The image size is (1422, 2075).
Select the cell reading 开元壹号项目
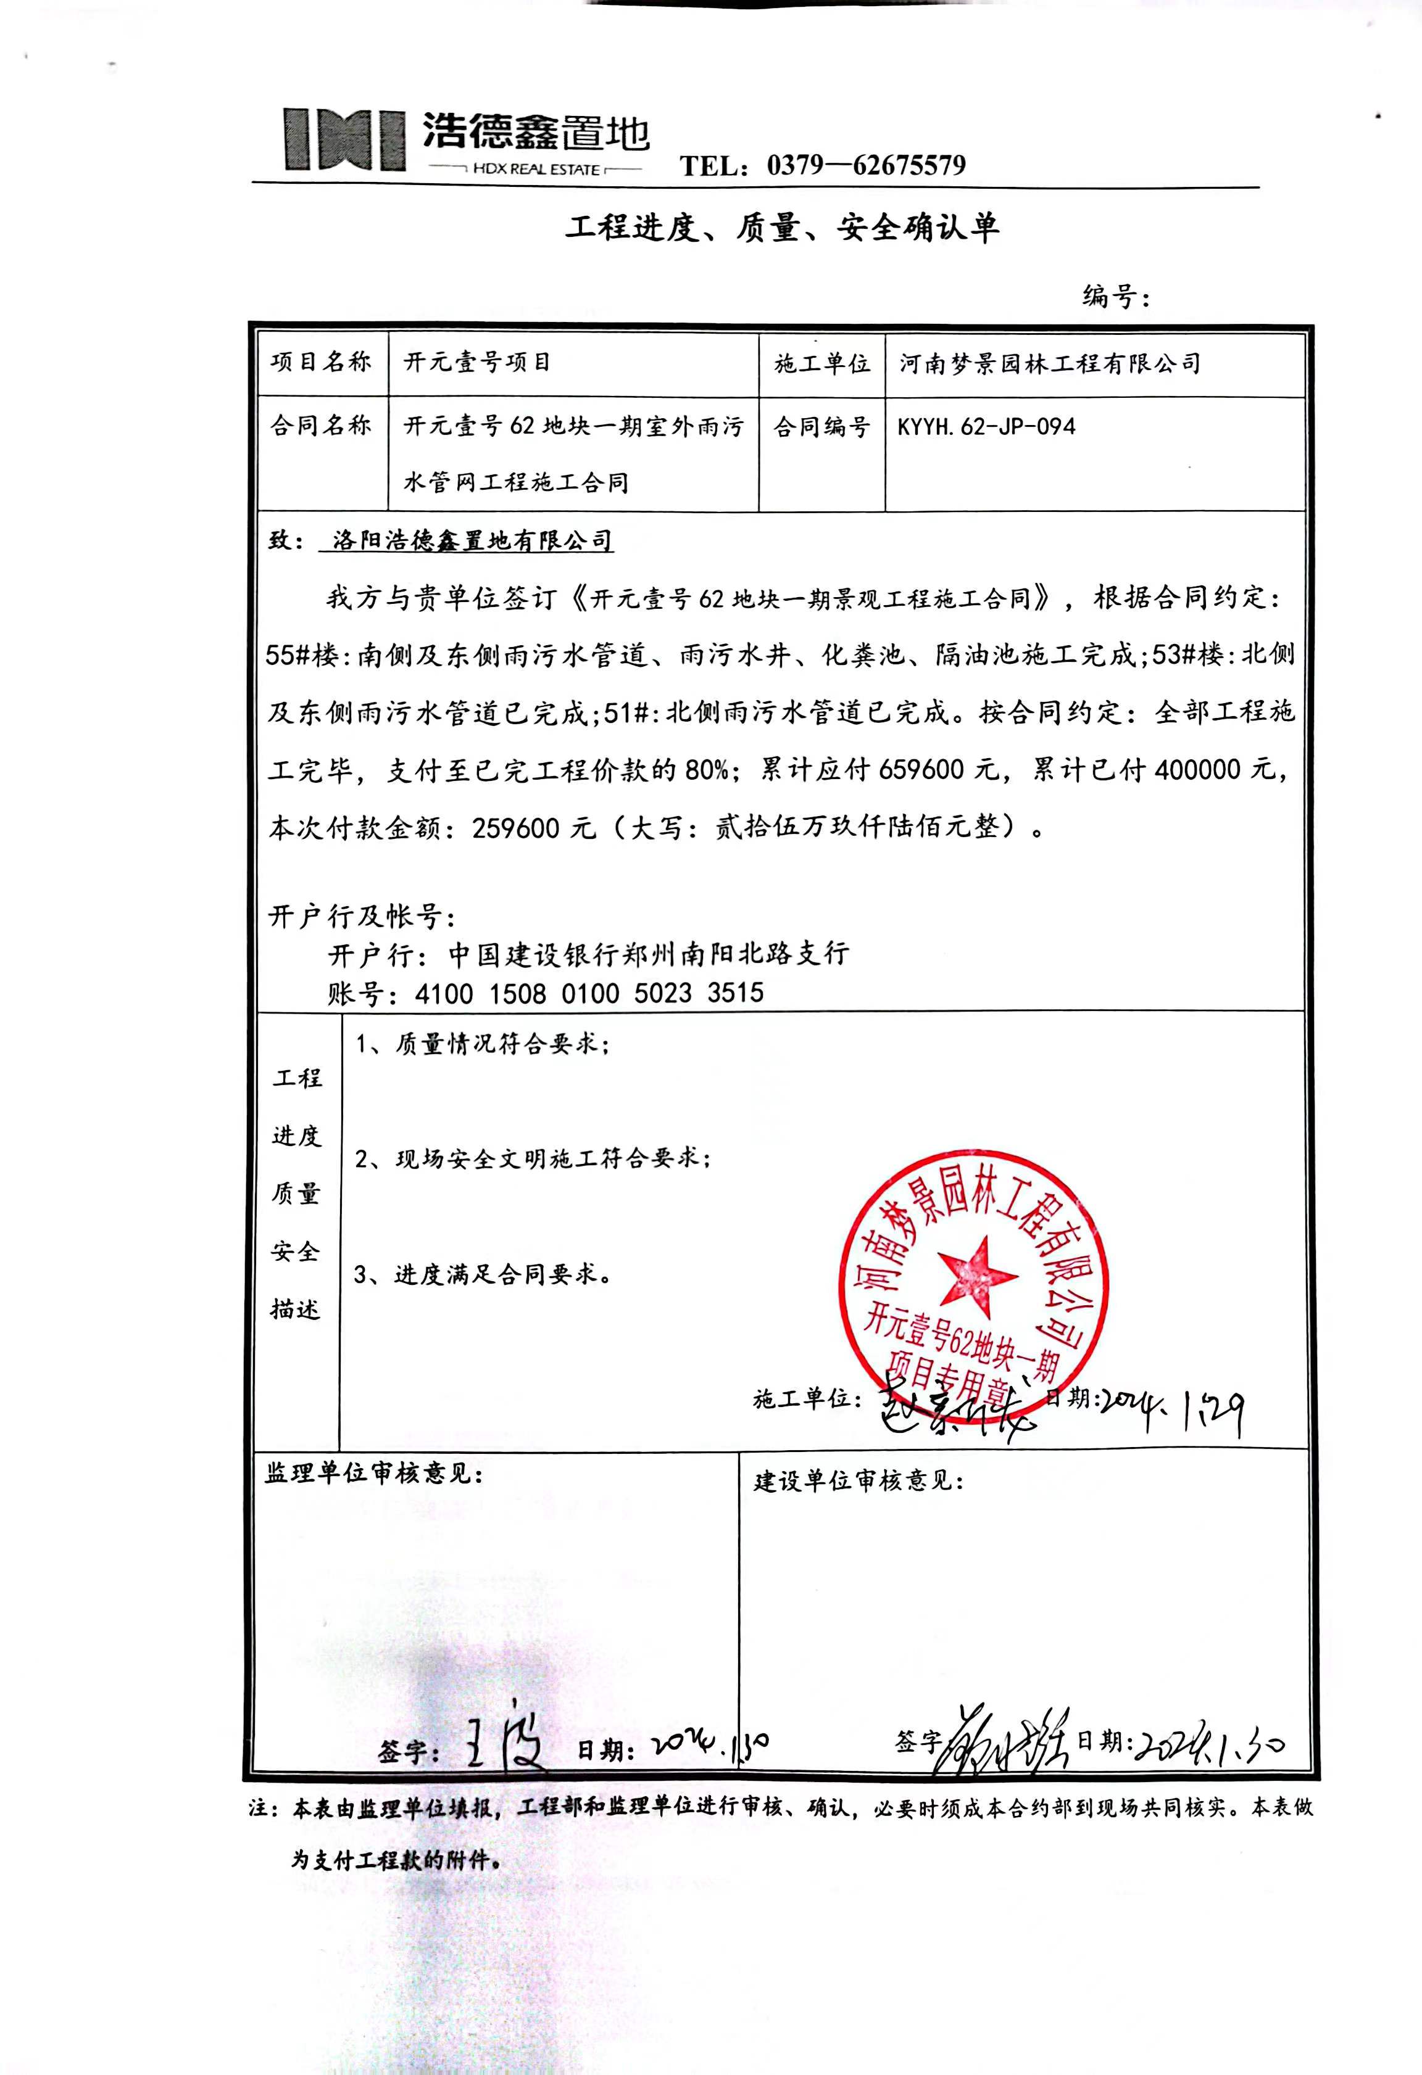click(477, 363)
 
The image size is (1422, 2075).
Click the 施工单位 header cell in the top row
click(821, 363)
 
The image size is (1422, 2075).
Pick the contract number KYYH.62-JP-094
click(986, 427)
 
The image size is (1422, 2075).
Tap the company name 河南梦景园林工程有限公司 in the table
click(1050, 363)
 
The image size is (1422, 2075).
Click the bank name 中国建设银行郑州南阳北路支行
click(647, 954)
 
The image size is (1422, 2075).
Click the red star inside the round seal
click(977, 1276)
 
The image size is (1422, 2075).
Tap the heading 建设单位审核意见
click(857, 1480)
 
